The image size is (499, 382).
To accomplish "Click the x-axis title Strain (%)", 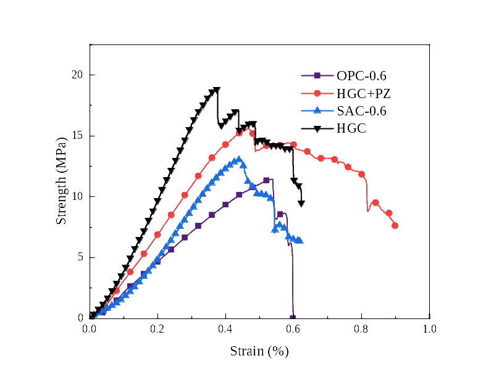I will point(259,352).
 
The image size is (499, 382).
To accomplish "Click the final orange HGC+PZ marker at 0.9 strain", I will point(395,226).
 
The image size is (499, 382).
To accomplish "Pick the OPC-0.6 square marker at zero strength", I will point(293,318).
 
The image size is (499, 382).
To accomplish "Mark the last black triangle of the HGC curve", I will point(301,203).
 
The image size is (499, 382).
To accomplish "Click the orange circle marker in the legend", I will point(317,94).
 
